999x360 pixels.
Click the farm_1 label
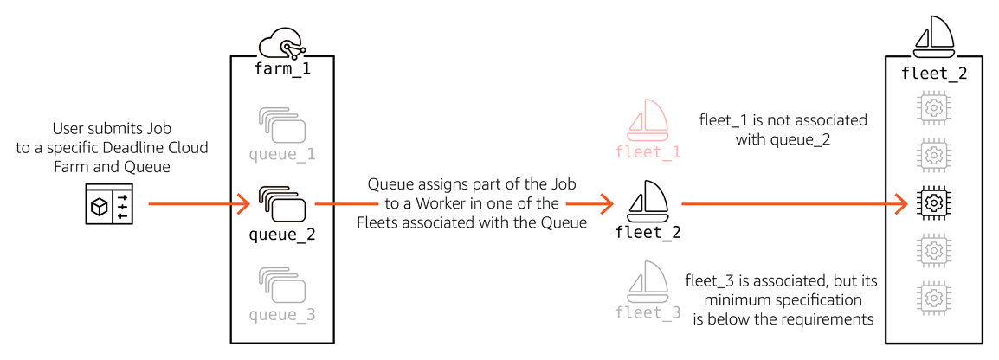coord(282,69)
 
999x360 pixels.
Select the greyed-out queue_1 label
coord(282,155)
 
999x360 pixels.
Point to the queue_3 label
coord(282,315)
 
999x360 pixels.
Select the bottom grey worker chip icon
coord(933,298)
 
